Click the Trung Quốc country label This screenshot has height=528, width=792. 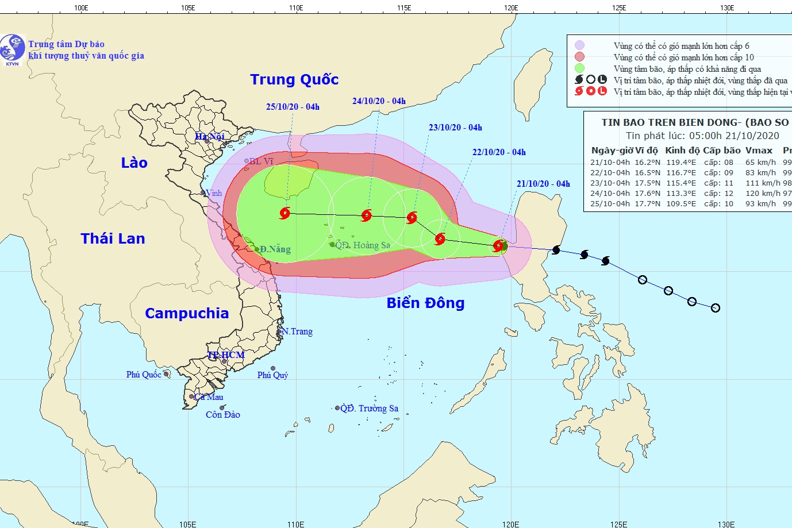coord(294,80)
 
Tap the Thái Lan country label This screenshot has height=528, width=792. coord(113,238)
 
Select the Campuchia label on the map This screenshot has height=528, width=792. coord(187,313)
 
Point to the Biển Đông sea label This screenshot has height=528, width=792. coord(425,303)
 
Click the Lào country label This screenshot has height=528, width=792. coord(134,163)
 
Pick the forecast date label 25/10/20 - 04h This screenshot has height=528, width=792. coord(293,107)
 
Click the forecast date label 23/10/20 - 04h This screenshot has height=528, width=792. coord(455,128)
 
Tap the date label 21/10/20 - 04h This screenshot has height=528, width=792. coord(543,184)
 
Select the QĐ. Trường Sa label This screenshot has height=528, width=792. coord(369,408)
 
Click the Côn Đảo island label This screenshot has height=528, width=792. coord(223,415)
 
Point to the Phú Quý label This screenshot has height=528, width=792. coord(272,375)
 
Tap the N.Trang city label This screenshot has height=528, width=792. coord(297,332)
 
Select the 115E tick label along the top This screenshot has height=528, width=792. coord(403,8)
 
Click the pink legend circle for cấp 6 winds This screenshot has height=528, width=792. coord(579,45)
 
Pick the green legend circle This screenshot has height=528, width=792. coord(579,68)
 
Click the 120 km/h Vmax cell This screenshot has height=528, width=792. coord(763,194)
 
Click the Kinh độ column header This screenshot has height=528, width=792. coord(682,151)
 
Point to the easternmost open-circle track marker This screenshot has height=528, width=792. coord(715,308)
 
